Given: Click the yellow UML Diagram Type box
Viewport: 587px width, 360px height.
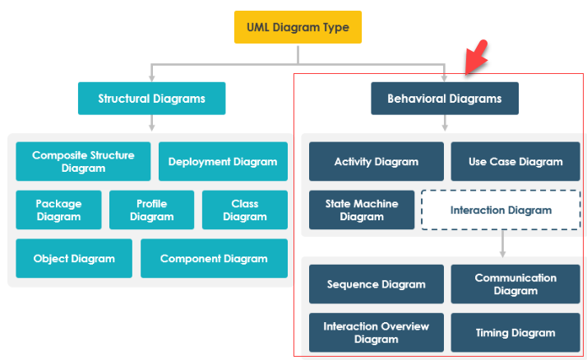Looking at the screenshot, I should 298,27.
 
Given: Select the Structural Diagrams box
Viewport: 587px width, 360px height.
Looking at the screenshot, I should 151,99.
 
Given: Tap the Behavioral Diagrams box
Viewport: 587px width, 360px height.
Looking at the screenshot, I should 445,99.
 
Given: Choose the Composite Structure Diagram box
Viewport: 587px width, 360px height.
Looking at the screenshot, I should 83,161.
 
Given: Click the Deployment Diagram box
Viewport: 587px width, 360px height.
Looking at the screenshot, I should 223,161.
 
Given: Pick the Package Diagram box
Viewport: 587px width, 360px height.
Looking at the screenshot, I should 58,210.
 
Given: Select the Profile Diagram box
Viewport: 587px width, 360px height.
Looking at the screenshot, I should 152,210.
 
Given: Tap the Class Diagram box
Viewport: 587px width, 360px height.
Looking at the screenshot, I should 245,210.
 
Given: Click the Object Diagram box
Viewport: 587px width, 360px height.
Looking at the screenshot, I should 74,258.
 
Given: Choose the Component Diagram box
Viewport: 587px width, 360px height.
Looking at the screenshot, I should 214,258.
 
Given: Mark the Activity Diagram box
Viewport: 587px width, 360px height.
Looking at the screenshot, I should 377,161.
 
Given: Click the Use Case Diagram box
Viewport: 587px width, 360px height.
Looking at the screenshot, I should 515,161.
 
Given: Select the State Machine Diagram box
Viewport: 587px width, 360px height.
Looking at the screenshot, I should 362,210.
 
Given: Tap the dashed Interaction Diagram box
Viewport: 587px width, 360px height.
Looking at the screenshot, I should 501,210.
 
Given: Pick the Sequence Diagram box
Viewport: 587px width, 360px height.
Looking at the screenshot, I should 377,284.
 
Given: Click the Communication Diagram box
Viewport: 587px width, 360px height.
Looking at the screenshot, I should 515,284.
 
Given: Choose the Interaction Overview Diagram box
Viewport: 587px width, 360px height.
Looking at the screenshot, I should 377,332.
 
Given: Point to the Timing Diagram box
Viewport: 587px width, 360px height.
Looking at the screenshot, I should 515,332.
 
